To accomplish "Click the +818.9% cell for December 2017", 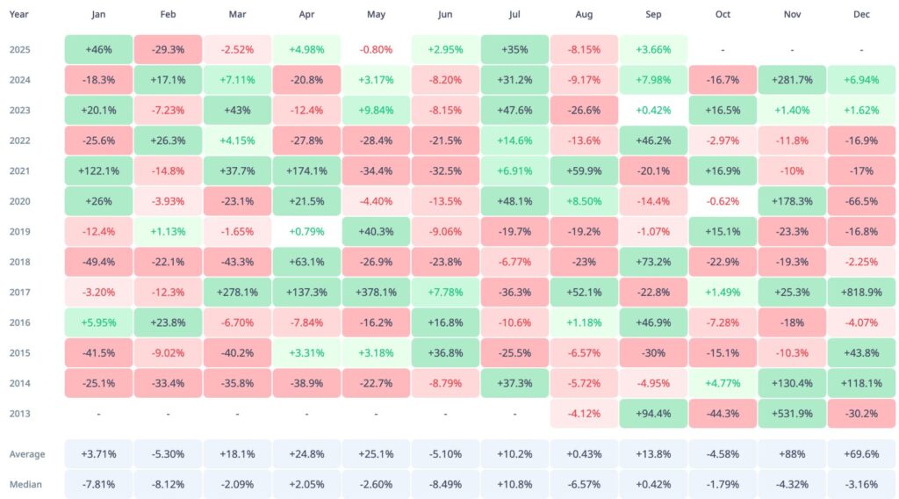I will (x=861, y=293).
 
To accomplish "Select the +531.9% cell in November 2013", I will (x=792, y=414).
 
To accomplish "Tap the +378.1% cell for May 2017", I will (x=376, y=293).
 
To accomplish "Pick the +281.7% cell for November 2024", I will (x=792, y=80).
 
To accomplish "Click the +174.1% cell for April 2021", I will (x=306, y=171).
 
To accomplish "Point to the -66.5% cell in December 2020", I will (x=861, y=201).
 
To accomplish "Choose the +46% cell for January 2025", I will (x=98, y=49).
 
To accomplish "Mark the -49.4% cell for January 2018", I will (x=98, y=262).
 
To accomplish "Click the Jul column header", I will (x=514, y=15).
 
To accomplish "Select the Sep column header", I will (x=653, y=15).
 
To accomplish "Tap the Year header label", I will (x=19, y=15).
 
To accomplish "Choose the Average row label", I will (x=26, y=454).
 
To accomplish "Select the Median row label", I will (x=25, y=484).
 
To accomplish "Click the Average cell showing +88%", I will (x=792, y=454).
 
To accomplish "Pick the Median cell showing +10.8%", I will (x=514, y=484).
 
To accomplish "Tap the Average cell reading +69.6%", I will (x=861, y=454).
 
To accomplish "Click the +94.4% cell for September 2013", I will (x=653, y=414).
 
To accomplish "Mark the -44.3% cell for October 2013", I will (x=723, y=414).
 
